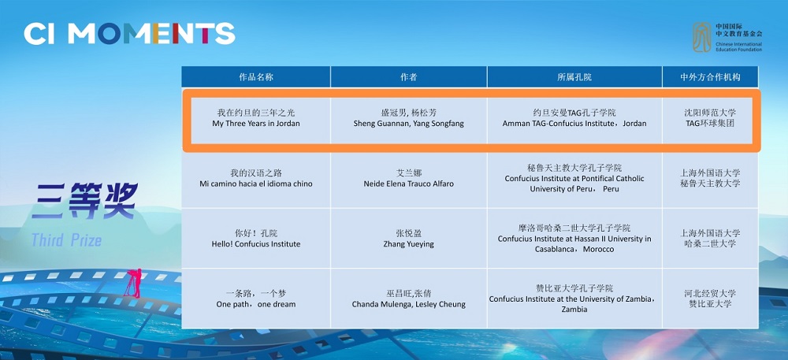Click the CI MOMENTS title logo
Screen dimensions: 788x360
[x=129, y=34]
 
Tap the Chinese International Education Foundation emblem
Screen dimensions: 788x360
[x=701, y=37]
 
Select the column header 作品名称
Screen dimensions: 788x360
[x=256, y=77]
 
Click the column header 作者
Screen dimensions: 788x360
[x=408, y=77]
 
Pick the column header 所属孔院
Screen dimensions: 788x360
[x=574, y=77]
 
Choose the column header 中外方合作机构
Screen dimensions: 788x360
[x=710, y=77]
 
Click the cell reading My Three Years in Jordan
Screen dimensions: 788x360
[x=256, y=118]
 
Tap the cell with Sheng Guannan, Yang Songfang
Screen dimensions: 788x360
[x=408, y=118]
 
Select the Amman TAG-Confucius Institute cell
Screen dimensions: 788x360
[x=574, y=118]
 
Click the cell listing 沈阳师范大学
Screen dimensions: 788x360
[x=710, y=117]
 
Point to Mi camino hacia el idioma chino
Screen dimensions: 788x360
[x=256, y=178]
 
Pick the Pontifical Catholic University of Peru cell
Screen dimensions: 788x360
[x=574, y=178]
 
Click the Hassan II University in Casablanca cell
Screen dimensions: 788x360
[x=574, y=239]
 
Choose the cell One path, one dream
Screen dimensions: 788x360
[x=256, y=299]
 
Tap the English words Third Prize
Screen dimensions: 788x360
[x=67, y=240]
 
